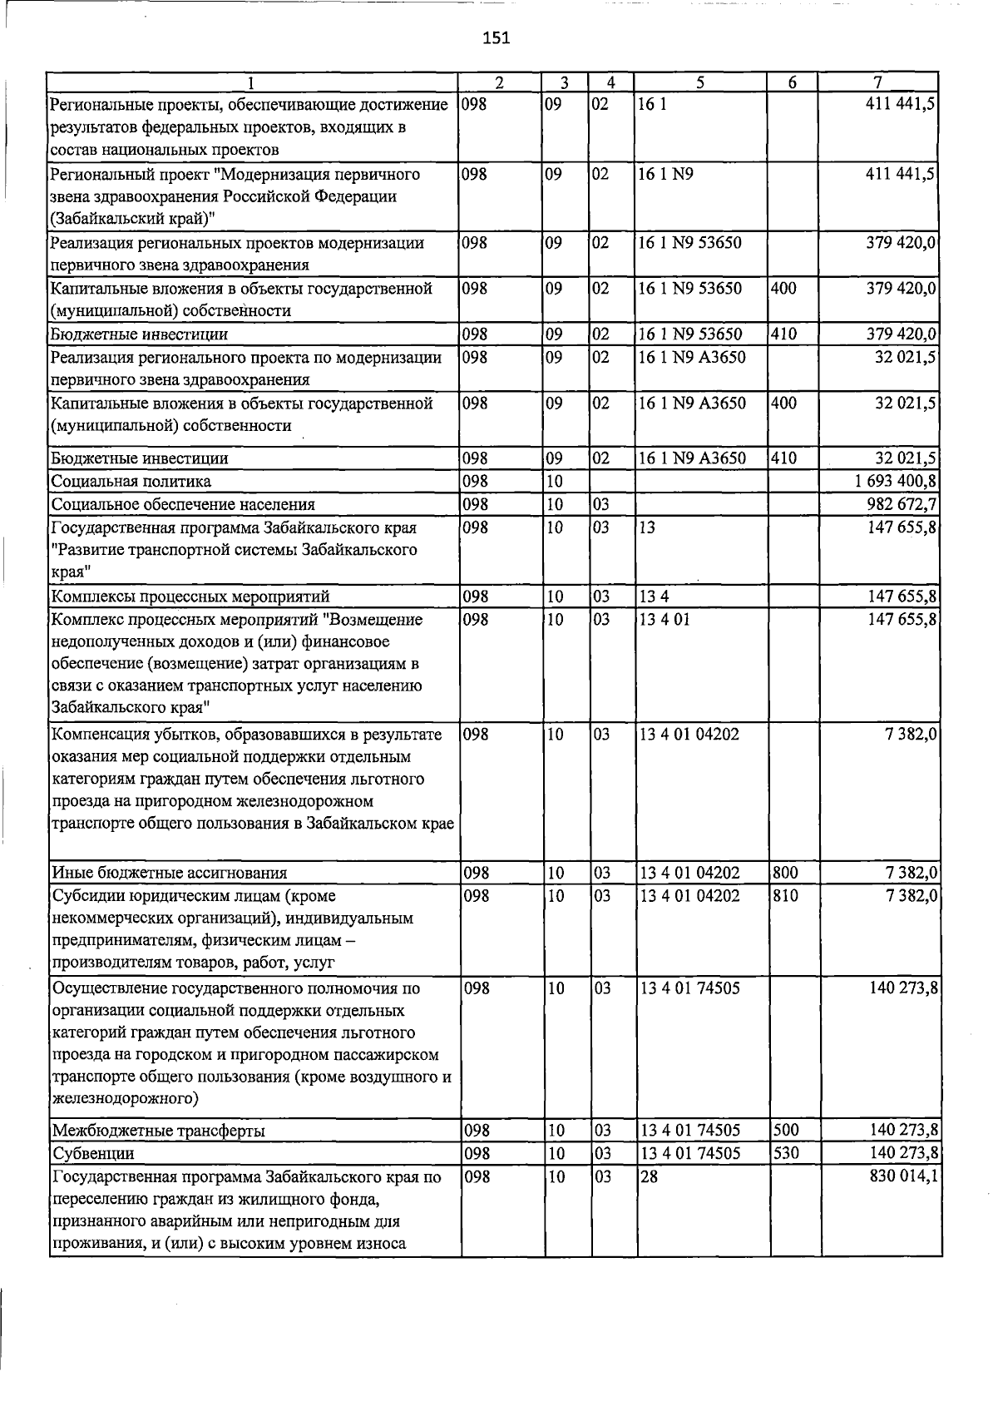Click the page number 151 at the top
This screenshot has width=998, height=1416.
click(x=496, y=37)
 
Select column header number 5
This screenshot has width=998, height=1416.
click(x=700, y=82)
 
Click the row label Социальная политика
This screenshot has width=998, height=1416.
click(x=131, y=482)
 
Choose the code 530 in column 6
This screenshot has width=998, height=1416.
click(x=786, y=1154)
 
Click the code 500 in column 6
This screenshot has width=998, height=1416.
click(x=786, y=1131)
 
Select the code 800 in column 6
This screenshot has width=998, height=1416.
click(x=786, y=873)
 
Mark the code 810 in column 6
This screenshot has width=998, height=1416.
click(x=786, y=896)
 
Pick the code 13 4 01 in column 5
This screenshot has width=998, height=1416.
click(x=665, y=620)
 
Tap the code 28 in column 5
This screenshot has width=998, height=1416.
click(x=649, y=1177)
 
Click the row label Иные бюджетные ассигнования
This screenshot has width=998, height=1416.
click(x=170, y=874)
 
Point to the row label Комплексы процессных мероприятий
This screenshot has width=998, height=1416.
click(x=190, y=597)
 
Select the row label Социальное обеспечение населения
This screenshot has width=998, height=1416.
click(x=183, y=505)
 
